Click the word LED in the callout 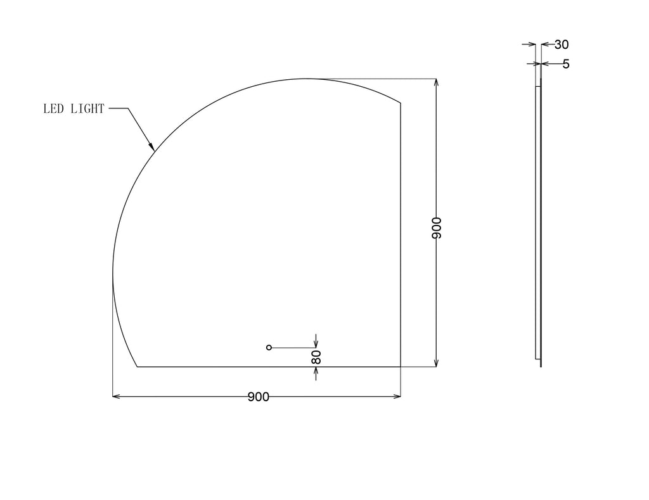(x=53, y=108)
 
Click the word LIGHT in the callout (x=87, y=108)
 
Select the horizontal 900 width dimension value (x=259, y=397)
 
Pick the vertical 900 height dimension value (x=436, y=228)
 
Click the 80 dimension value (x=316, y=357)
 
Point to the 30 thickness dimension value (x=562, y=44)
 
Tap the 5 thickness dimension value (x=566, y=64)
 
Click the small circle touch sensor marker (x=269, y=347)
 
